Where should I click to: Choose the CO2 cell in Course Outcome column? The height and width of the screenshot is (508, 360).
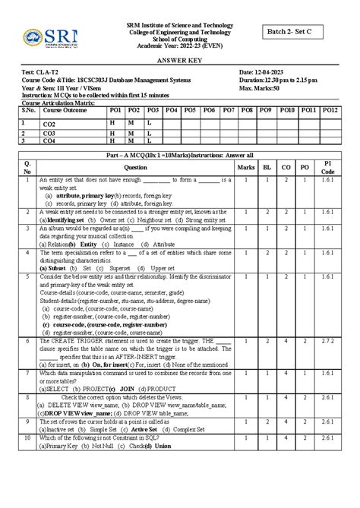click(x=50, y=124)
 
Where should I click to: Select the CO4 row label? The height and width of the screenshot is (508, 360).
click(x=50, y=140)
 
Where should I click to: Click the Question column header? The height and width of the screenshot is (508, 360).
click(x=135, y=166)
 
